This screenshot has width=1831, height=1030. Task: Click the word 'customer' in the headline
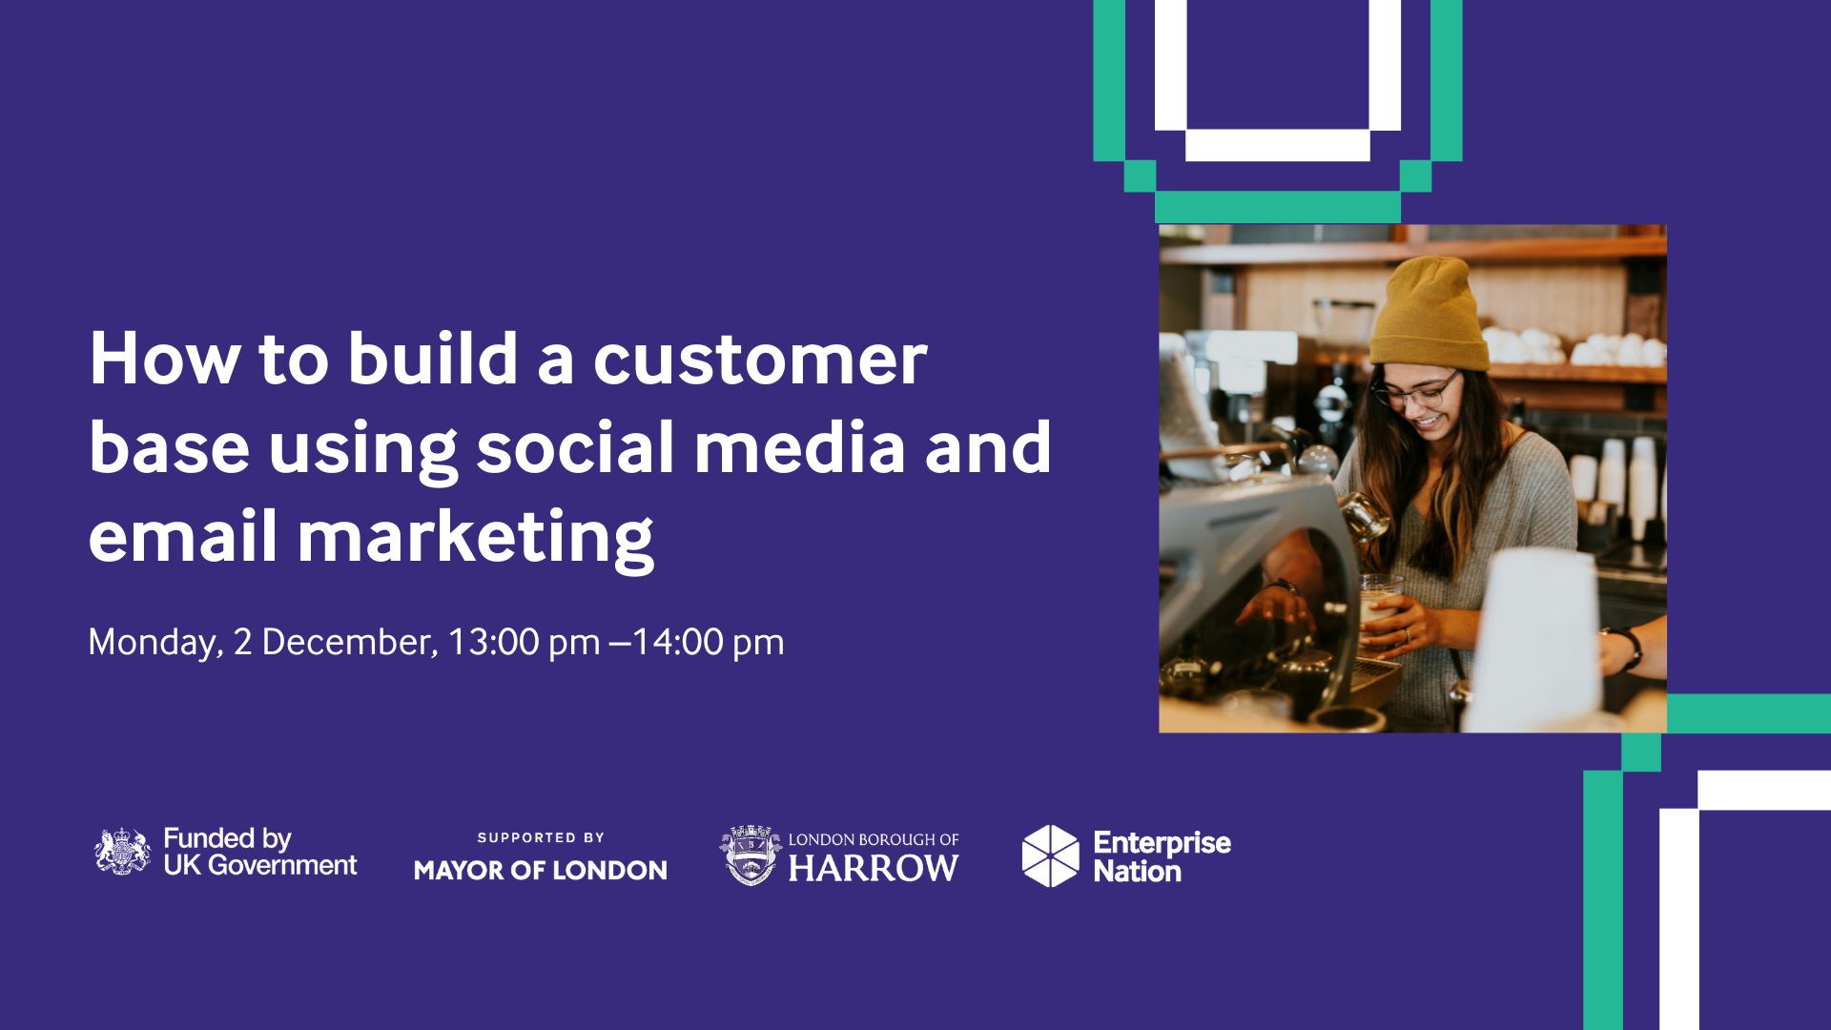pyautogui.click(x=760, y=360)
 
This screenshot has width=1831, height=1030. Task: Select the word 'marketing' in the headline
pyautogui.click(x=476, y=538)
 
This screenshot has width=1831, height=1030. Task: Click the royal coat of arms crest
pyautogui.click(x=123, y=852)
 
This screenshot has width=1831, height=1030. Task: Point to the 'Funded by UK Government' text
pyautogui.click(x=260, y=852)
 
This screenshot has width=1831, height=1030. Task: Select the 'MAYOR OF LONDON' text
pyautogui.click(x=541, y=870)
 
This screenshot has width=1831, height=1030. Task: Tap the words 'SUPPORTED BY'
pyautogui.click(x=541, y=837)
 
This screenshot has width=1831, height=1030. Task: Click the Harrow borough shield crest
pyautogui.click(x=751, y=855)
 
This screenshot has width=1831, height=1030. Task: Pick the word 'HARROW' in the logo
pyautogui.click(x=873, y=868)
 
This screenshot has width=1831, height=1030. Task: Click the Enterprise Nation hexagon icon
pyautogui.click(x=1050, y=855)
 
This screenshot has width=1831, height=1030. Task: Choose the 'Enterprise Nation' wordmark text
pyautogui.click(x=1162, y=856)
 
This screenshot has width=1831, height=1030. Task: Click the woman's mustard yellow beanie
pyautogui.click(x=1429, y=314)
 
